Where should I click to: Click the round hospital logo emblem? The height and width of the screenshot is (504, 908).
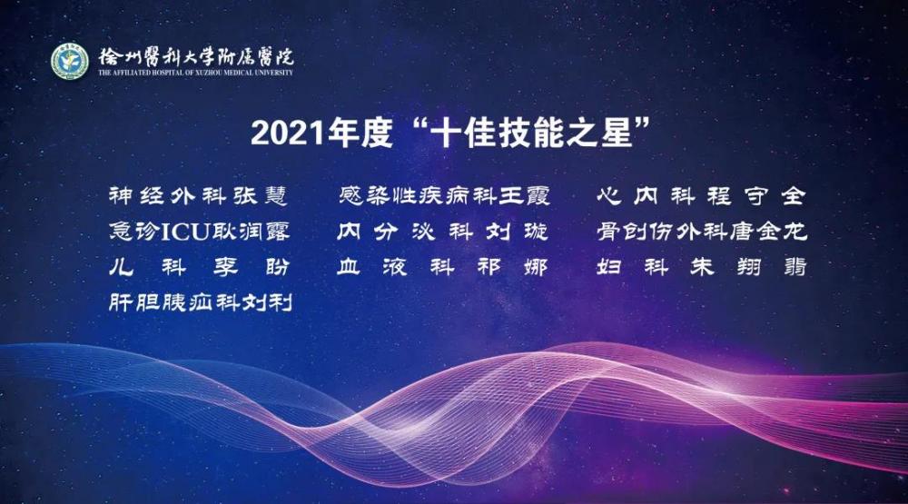point(70,61)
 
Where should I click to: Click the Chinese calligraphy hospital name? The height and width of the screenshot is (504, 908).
point(196,56)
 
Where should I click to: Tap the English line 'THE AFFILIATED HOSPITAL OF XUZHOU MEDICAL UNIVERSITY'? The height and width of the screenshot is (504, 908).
point(196,73)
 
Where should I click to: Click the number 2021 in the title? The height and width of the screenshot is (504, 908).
point(288,133)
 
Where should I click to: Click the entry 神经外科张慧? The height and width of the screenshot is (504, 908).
point(198,196)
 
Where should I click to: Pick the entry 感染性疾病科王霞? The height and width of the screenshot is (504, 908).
point(444,196)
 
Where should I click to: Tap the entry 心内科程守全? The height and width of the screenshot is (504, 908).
point(701,196)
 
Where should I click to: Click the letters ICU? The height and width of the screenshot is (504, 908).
point(184,232)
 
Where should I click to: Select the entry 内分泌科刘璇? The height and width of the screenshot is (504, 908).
point(442,232)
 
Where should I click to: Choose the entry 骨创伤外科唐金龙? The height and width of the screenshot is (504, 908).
point(701,232)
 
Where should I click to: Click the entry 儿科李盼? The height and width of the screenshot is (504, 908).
point(199,267)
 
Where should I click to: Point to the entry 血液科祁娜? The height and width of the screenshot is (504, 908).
point(442,267)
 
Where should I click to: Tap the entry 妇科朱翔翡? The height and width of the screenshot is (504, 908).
point(701,267)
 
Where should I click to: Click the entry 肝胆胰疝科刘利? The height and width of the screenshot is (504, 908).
point(201,302)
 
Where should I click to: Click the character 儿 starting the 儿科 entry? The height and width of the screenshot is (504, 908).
point(121,267)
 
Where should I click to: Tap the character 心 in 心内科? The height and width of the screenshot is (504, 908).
point(609,196)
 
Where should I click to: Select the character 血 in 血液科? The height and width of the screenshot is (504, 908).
point(349,267)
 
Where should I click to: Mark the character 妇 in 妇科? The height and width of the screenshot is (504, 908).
point(608,267)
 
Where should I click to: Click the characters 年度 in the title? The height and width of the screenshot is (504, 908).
point(360,133)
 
